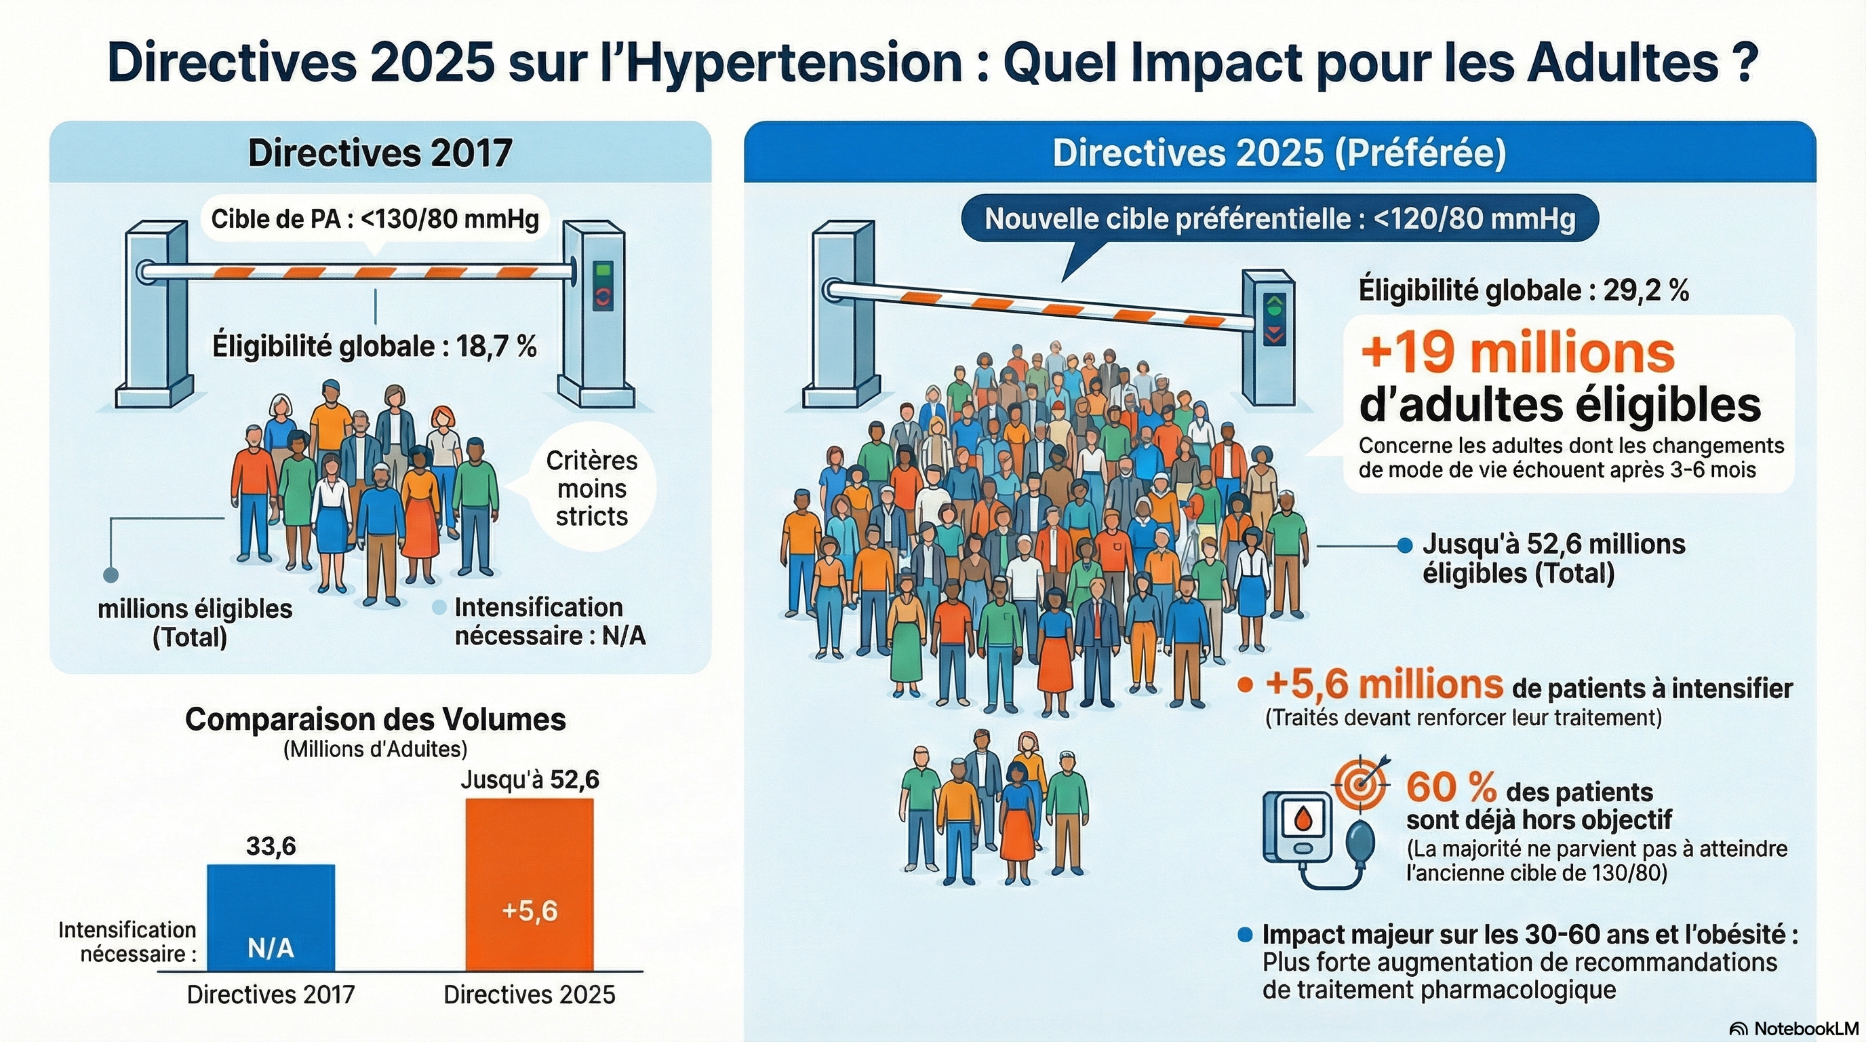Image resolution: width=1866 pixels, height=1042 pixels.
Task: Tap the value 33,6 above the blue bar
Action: (271, 846)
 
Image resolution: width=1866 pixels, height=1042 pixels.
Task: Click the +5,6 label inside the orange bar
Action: (530, 911)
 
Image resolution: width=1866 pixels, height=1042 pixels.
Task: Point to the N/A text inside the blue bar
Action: (271, 948)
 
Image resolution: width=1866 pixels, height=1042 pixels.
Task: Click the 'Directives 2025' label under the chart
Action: (530, 995)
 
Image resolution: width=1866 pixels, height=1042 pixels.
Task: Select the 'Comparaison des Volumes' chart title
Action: (375, 720)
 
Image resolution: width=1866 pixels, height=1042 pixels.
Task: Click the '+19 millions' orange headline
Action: (1517, 353)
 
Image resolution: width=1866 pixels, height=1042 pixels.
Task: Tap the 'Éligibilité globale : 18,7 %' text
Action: (374, 347)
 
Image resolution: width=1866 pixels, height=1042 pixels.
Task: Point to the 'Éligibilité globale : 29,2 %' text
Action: (1524, 290)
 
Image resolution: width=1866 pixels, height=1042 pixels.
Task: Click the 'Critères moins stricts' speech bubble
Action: (591, 488)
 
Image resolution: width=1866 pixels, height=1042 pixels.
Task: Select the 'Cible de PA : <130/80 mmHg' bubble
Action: (374, 218)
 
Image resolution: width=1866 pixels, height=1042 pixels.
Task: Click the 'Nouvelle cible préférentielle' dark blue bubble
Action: (1279, 218)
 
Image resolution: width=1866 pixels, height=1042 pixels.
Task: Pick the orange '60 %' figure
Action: (1451, 787)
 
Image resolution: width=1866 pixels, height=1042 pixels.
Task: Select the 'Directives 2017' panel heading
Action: (380, 153)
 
